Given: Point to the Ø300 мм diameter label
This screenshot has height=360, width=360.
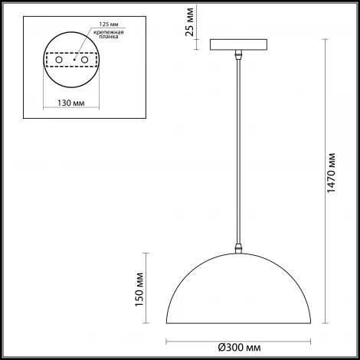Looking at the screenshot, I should pyautogui.click(x=242, y=345).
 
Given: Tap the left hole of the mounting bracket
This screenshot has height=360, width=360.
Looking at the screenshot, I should pyautogui.click(x=59, y=59).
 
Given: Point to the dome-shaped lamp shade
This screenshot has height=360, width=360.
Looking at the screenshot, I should pyautogui.click(x=242, y=291).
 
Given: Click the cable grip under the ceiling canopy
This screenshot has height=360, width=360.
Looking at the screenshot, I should pyautogui.click(x=240, y=56).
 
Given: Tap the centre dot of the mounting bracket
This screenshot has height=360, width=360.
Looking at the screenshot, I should pyautogui.click(x=74, y=59).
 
